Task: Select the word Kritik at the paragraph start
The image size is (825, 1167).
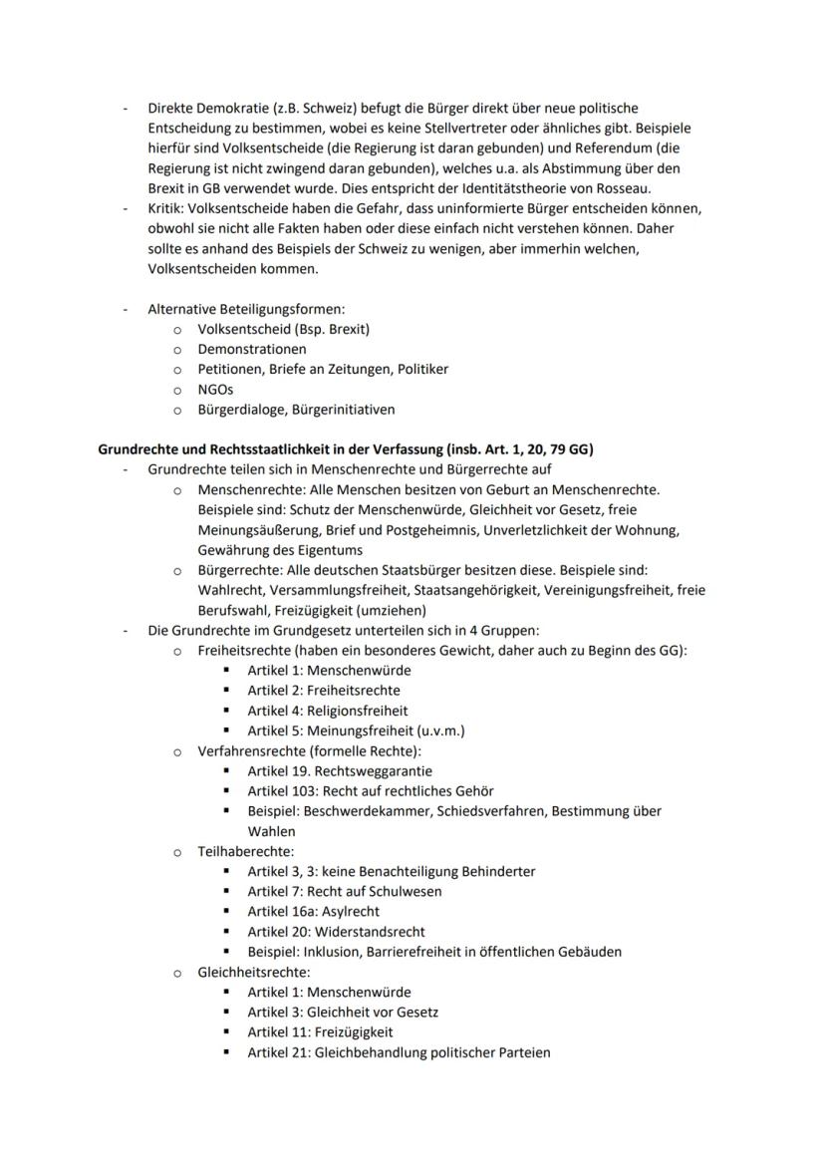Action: point(167,208)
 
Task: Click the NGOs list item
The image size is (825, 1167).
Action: point(215,389)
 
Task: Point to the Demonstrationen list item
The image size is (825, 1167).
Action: point(252,349)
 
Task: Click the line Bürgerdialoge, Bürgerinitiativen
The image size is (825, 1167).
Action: point(296,409)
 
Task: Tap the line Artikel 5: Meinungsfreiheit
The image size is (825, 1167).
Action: point(356,730)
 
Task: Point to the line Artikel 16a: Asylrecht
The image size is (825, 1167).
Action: point(313,911)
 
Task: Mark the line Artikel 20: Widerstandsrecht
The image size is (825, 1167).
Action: point(336,932)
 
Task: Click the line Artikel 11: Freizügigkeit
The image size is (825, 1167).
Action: point(320,1031)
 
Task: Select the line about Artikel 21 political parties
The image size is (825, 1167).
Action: point(399,1051)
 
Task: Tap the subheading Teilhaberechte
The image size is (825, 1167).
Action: point(245,851)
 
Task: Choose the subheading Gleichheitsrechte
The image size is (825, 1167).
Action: point(254,972)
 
